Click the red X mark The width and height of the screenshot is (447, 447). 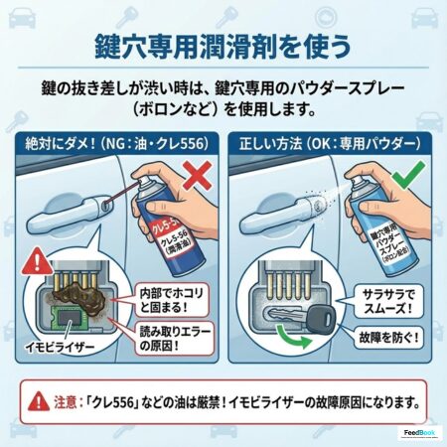point(198,175)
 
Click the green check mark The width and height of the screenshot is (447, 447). point(408,175)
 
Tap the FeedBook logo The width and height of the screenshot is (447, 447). point(419,433)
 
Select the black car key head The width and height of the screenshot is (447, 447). point(321,317)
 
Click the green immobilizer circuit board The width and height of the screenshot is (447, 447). point(69,316)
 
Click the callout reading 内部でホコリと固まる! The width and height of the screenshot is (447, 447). point(171,300)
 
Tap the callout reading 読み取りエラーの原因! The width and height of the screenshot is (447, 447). point(175,339)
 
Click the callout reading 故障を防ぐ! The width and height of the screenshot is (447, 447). point(388,338)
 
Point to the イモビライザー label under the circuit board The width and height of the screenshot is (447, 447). point(61,348)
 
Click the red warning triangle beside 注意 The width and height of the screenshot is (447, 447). point(39,401)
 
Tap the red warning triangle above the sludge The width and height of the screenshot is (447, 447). point(38,262)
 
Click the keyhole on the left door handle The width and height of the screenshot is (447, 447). point(105,207)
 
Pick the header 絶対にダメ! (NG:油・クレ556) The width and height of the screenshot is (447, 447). point(117,144)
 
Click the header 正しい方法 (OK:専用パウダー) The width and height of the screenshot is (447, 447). point(330,144)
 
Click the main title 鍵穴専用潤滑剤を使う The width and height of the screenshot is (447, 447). point(223,46)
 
